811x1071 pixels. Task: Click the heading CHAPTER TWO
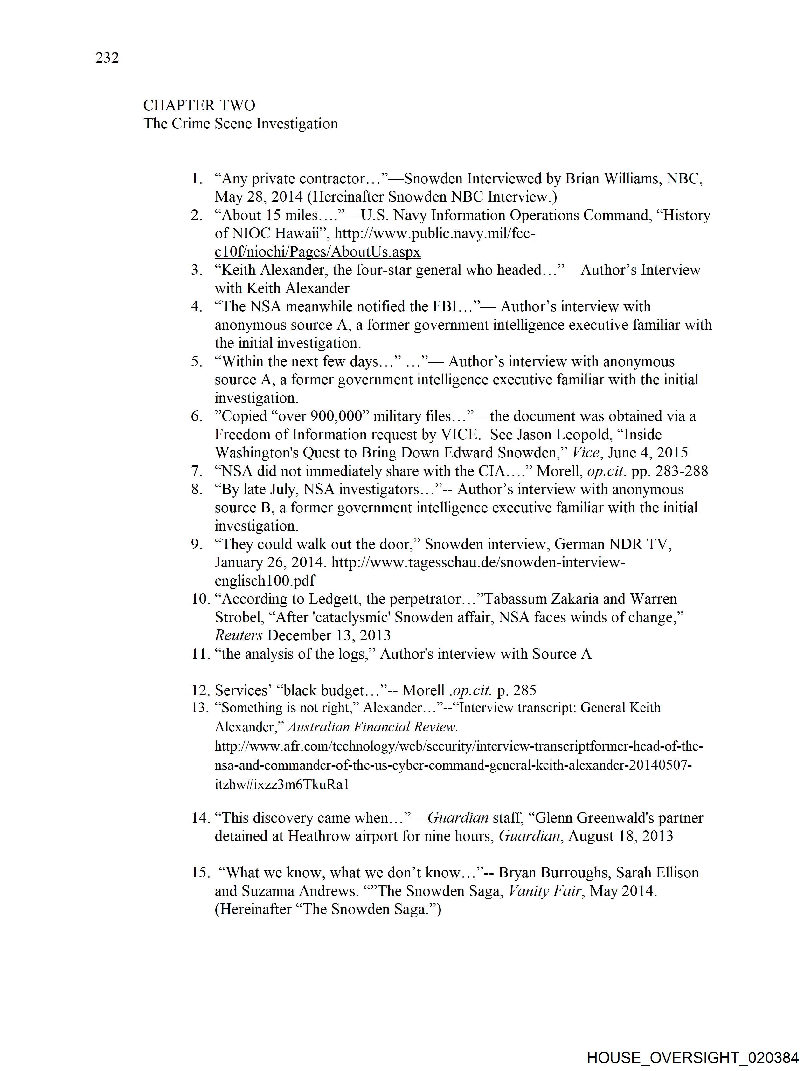[x=199, y=105]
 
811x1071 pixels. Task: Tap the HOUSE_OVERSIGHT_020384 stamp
[x=692, y=1057]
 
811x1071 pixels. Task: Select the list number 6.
[x=196, y=416]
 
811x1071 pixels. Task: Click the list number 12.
[x=200, y=690]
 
